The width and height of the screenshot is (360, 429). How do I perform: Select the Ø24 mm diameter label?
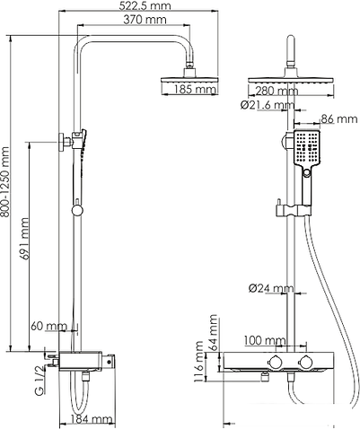(x=272, y=289)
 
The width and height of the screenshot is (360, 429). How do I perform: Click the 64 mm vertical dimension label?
(x=213, y=332)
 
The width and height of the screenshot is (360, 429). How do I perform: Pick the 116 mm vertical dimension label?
(x=198, y=366)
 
